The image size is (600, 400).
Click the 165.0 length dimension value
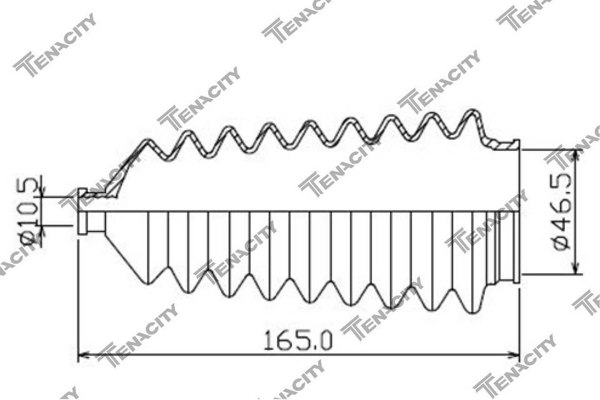(x=298, y=341)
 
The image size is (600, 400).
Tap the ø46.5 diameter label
(x=562, y=211)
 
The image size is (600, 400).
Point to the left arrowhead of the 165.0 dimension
(x=83, y=355)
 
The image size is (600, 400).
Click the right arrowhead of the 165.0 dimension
(x=514, y=355)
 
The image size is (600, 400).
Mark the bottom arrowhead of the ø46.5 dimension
(x=575, y=268)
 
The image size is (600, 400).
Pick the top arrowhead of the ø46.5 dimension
(x=575, y=156)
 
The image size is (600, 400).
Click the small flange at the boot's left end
(x=82, y=211)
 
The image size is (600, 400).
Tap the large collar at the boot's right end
(x=517, y=211)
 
